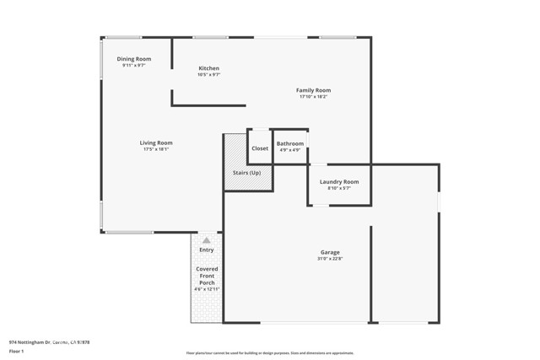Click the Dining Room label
point(133,59)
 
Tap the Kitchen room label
point(208,68)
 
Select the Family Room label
point(313,90)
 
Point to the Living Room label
point(156,142)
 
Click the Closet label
point(260,148)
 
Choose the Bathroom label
point(290,143)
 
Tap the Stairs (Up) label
point(247,173)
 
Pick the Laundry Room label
point(339,181)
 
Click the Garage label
point(330,252)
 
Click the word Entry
point(207,250)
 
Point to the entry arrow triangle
point(207,240)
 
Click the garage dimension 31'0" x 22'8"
point(330,259)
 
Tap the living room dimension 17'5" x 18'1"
point(156,149)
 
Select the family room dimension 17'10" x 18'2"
point(313,97)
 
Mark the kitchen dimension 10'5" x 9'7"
point(208,75)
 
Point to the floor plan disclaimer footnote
point(270,353)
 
